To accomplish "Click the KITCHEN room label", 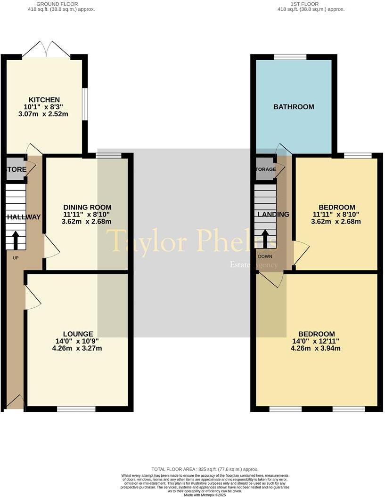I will click(x=44, y=100).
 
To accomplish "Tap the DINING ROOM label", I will click(x=87, y=207).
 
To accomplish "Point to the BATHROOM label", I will click(x=294, y=107).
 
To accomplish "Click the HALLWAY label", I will click(x=24, y=217).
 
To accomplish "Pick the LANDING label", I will click(x=273, y=214).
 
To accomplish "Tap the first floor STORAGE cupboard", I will click(x=266, y=169).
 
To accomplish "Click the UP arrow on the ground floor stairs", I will click(x=16, y=240).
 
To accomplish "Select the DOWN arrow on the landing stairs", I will click(x=265, y=239).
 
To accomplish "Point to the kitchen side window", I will click(x=84, y=105).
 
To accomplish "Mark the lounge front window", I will click(x=75, y=409).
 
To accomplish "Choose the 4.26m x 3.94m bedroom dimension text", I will click(x=316, y=348).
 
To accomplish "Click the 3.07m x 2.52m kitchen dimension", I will click(x=44, y=114).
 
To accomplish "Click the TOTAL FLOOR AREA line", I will click(x=205, y=469).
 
